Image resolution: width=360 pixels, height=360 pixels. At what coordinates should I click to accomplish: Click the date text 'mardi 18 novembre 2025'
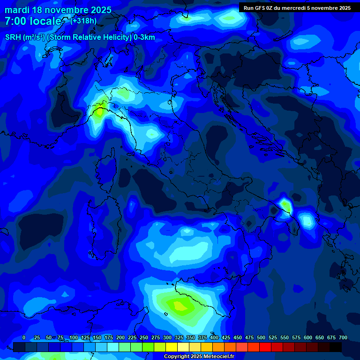pyautogui.click(x=58, y=10)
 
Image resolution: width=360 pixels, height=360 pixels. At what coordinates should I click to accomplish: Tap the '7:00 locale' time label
pyautogui.click(x=33, y=21)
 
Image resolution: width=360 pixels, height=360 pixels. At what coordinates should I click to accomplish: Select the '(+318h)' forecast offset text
pyautogui.click(x=83, y=21)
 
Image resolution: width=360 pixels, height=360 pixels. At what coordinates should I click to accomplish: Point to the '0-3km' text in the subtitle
pyautogui.click(x=144, y=37)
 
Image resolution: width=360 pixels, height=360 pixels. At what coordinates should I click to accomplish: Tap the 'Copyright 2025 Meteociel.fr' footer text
pyautogui.click(x=199, y=357)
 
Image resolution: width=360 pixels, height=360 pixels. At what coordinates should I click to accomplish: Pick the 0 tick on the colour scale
pyautogui.click(x=24, y=337)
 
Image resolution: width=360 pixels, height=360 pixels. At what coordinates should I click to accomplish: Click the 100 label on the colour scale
pyautogui.click(x=74, y=337)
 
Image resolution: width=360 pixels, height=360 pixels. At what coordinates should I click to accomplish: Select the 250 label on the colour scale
pyautogui.click(x=144, y=337)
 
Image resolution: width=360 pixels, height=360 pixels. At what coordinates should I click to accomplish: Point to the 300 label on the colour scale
pyautogui.click(x=167, y=337)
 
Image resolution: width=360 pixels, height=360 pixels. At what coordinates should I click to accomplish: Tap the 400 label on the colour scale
pyautogui.click(x=214, y=337)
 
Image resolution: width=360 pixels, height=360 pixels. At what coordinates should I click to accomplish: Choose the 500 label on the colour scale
pyautogui.click(x=261, y=337)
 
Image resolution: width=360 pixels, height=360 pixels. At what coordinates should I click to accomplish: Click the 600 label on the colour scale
pyautogui.click(x=308, y=337)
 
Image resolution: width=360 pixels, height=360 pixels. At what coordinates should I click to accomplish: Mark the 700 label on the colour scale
pyautogui.click(x=343, y=337)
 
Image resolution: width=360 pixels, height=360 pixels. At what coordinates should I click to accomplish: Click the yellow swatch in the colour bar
pyautogui.click(x=172, y=347)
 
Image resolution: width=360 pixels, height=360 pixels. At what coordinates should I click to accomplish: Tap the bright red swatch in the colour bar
pyautogui.click(x=265, y=347)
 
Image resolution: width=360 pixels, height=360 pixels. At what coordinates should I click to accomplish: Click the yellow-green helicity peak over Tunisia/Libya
pyautogui.click(x=180, y=307)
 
